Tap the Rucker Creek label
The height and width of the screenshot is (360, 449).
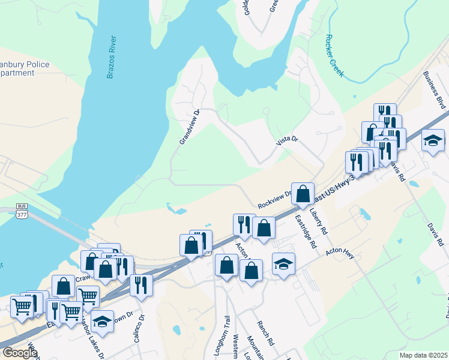pos(334,55)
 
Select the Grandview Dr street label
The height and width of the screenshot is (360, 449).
pos(190,127)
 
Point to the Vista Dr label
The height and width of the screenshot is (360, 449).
pos(287,140)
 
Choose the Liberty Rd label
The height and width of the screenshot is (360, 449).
pos(318,221)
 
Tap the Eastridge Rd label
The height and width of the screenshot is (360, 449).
pos(306,232)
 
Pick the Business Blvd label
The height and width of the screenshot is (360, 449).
pos(435,90)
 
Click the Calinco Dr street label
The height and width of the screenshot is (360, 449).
pos(140,329)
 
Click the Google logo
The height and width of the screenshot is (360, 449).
pos(19,352)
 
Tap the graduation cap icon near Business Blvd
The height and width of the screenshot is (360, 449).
pos(433,141)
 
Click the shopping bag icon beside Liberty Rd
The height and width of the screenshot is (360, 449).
pos(303,193)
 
